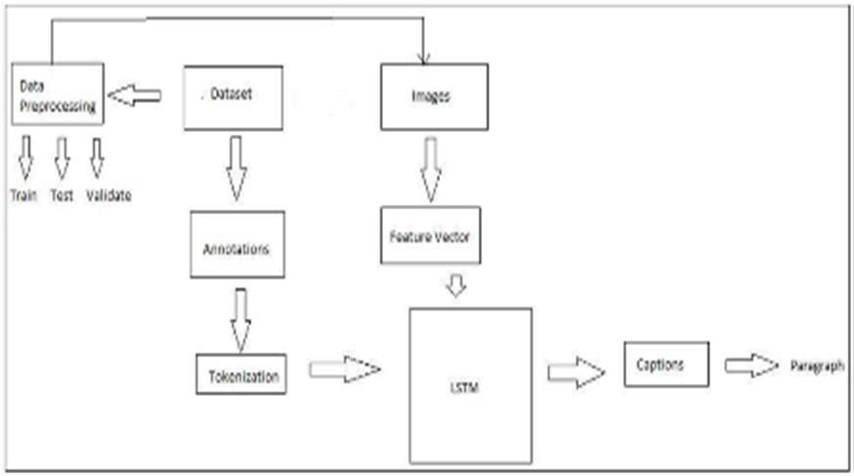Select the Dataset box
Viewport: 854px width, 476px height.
[x=233, y=97]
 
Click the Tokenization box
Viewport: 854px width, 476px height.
[x=240, y=374]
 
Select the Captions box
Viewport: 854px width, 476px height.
[x=666, y=366]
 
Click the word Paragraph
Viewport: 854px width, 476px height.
[x=816, y=366]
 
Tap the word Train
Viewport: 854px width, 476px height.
[x=23, y=195]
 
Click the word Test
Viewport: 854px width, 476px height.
[x=62, y=195]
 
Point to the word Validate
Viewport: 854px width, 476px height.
[x=108, y=195]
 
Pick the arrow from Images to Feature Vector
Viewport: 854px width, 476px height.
[x=430, y=167]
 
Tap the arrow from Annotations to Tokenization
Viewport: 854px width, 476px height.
[x=240, y=319]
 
